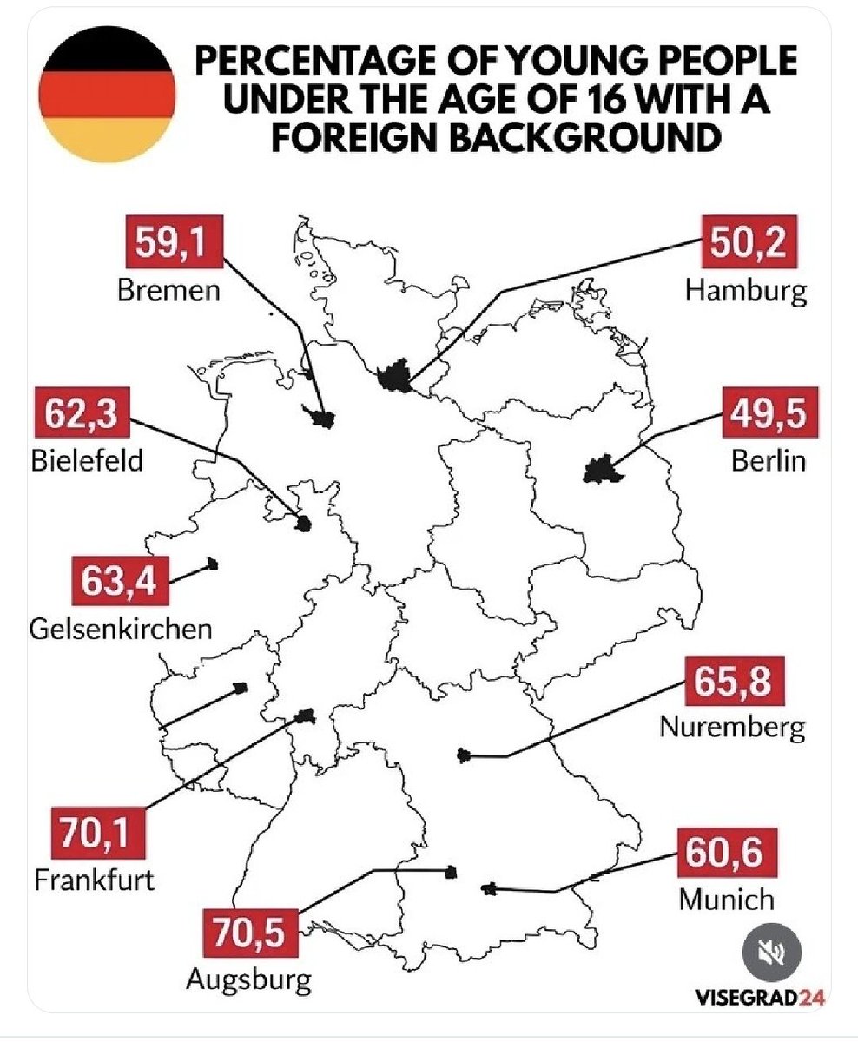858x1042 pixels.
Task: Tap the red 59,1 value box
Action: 170,245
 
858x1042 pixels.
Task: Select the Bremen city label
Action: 168,289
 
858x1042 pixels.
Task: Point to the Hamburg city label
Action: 745,289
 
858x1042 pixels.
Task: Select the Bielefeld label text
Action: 86,459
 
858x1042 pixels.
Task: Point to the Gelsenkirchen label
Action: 121,627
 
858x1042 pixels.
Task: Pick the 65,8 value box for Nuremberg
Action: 735,680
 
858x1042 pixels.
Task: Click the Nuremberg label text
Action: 732,726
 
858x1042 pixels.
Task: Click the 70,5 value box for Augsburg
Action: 250,933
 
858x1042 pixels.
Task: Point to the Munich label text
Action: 726,898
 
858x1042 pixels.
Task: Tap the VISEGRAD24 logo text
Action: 759,997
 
